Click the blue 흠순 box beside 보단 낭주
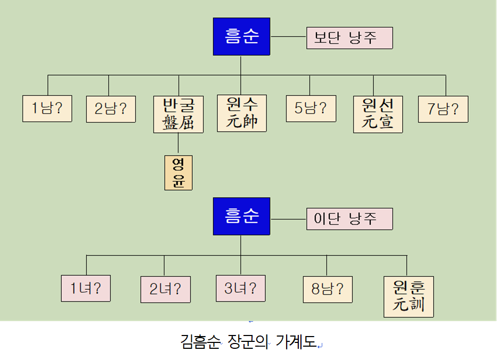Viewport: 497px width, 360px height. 241,37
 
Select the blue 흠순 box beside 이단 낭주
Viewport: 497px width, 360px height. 241,216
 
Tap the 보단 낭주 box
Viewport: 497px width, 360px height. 349,38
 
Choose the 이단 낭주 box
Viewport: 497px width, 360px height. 349,219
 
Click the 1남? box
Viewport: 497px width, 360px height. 47,109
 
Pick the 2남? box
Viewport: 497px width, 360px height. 111,109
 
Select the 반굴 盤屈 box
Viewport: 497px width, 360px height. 178,114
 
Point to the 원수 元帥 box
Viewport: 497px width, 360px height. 242,113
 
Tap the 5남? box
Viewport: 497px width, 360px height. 311,109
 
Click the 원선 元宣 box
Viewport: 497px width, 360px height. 378,114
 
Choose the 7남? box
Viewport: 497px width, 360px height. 443,109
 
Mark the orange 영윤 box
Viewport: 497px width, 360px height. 178,173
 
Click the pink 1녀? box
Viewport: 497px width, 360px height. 86,289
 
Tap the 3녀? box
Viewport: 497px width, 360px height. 241,289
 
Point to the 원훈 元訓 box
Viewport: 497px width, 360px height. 409,297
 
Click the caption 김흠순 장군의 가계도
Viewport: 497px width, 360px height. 248,341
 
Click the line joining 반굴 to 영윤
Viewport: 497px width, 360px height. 178,144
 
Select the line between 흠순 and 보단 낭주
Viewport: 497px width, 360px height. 288,37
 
